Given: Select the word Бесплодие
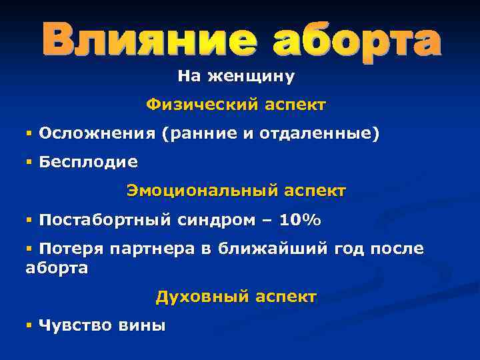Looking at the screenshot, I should coord(89,162).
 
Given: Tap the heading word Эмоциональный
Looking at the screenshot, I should coord(200,191).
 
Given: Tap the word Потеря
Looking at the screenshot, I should coord(71,249).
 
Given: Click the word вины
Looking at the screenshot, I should coord(141,325).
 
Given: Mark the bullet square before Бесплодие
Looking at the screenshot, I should coord(29,162).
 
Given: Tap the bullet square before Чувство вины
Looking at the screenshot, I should coord(29,325).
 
